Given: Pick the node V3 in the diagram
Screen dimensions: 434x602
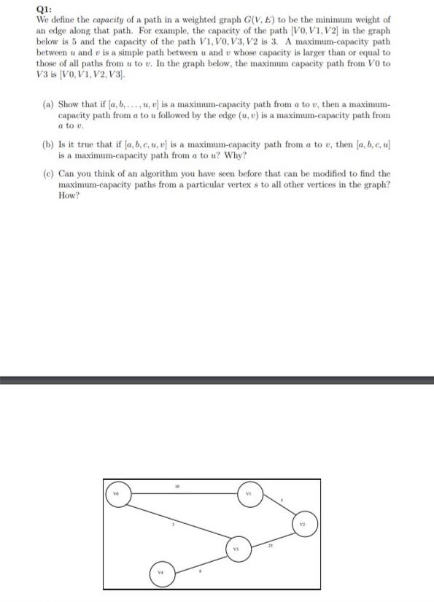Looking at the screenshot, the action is click(236, 547).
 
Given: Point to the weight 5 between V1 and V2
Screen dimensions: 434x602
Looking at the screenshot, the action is click(282, 501).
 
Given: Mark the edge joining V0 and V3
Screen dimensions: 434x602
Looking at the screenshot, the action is click(175, 520).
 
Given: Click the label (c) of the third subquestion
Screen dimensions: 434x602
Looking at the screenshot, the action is click(47, 174).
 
